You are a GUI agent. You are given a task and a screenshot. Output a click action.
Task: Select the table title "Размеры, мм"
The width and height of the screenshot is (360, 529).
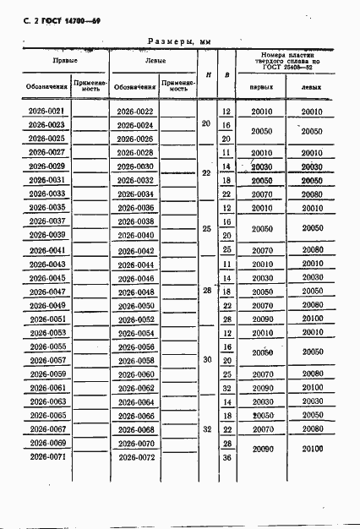coord(179,40)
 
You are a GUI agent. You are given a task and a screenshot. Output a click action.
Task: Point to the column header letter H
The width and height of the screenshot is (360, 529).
coord(208,74)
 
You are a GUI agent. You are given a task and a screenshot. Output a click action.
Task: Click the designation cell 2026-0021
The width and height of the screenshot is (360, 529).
coord(47,112)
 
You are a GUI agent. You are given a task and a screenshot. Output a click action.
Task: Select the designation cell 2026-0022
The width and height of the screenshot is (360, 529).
coord(135,112)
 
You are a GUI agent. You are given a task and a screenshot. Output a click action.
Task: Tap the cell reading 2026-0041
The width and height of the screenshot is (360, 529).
coord(47,250)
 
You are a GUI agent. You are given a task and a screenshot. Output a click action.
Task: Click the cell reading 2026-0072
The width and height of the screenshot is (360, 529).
coord(135,457)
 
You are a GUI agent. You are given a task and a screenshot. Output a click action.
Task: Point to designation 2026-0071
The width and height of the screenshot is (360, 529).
coord(47,456)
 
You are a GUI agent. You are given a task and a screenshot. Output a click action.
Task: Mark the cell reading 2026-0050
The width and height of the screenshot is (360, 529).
coord(135,305)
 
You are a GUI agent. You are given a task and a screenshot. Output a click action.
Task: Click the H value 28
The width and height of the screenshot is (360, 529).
coord(207,292)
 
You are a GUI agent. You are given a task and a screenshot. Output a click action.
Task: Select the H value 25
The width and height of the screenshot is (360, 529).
coord(207,229)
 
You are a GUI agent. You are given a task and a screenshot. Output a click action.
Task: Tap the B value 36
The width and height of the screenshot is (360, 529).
coord(226,457)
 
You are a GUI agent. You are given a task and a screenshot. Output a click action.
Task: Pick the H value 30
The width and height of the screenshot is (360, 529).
coord(207,360)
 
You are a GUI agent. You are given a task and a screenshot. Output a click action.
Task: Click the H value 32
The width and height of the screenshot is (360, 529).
coord(207,429)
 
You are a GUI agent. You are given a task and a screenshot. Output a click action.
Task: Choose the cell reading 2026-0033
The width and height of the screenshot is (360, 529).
coord(47,194)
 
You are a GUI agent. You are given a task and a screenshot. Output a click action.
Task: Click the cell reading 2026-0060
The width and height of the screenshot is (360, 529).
coord(135,374)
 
